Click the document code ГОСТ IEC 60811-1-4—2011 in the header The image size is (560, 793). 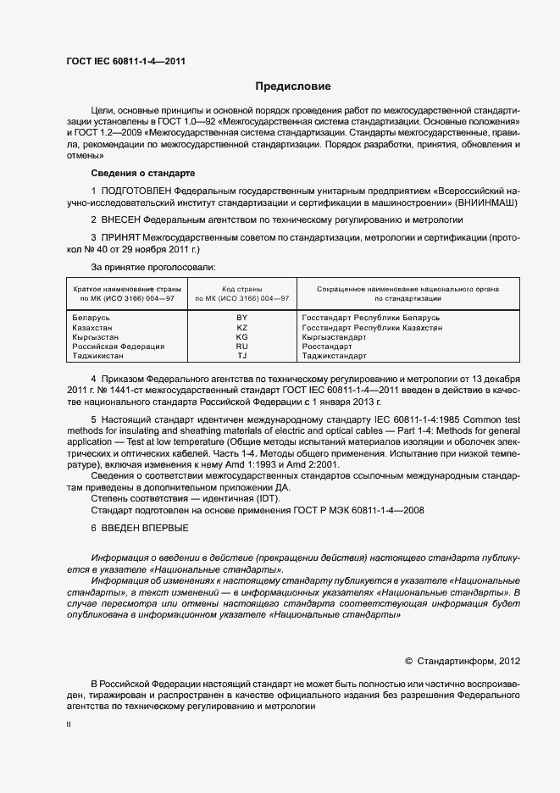coord(125,61)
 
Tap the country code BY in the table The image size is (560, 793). coord(241,318)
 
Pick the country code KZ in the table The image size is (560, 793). coord(241,327)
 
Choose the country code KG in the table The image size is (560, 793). coord(241,337)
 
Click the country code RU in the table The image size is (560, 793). coord(241,347)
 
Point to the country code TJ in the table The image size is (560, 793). coord(241,357)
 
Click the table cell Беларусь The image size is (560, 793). coord(92,318)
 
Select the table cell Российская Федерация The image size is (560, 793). coord(119,347)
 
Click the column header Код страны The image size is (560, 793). coord(241,289)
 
